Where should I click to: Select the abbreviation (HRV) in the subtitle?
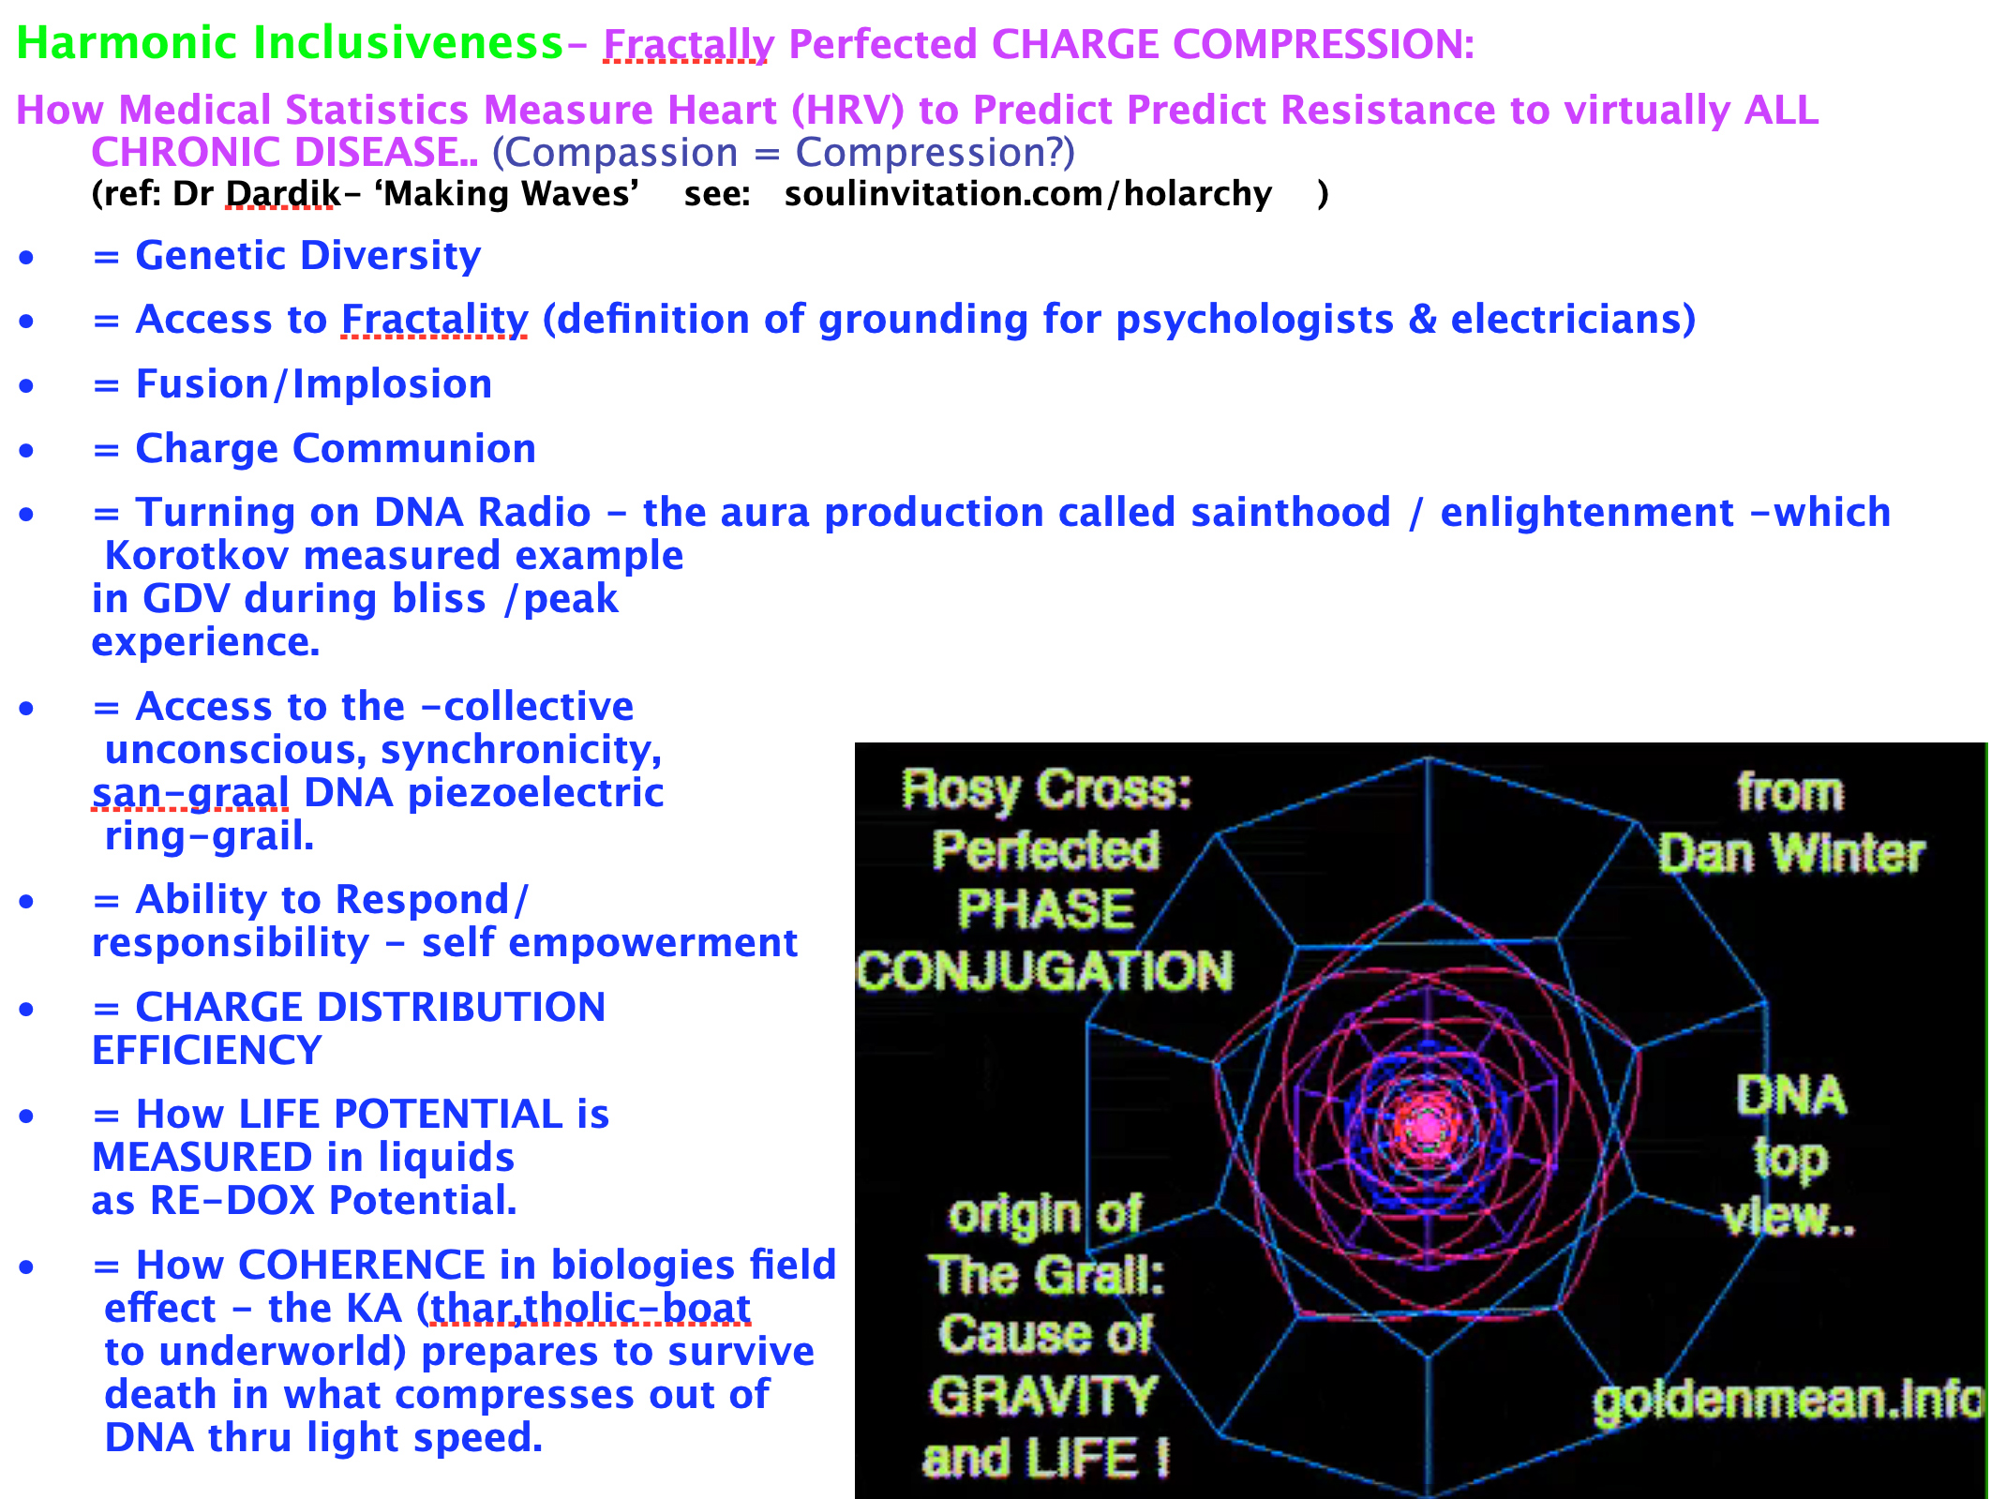pyautogui.click(x=847, y=111)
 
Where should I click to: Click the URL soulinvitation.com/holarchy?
pyautogui.click(x=1028, y=194)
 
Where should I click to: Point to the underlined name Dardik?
pyautogui.click(x=283, y=193)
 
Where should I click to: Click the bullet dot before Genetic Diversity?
pyautogui.click(x=26, y=257)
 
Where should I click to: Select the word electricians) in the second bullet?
pyautogui.click(x=1574, y=320)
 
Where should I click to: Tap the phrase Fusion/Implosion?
pyautogui.click(x=314, y=384)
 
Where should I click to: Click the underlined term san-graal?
pyautogui.click(x=190, y=793)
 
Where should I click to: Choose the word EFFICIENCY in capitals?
pyautogui.click(x=207, y=1050)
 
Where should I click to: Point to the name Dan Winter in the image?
pyautogui.click(x=1790, y=854)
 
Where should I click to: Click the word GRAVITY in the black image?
pyautogui.click(x=1044, y=1396)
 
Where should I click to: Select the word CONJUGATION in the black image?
pyautogui.click(x=1045, y=970)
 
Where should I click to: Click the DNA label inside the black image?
pyautogui.click(x=1791, y=1095)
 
